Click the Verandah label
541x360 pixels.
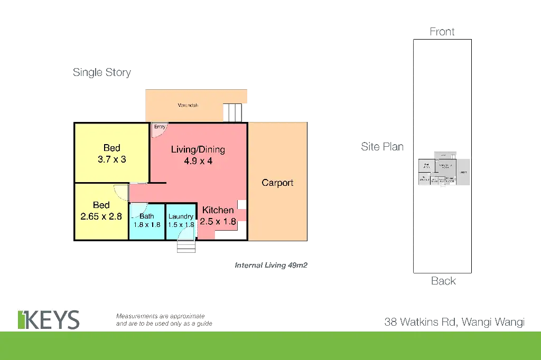point(188,106)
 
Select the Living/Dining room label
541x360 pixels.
point(198,149)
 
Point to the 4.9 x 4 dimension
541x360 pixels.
point(198,162)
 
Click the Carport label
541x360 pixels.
point(277,183)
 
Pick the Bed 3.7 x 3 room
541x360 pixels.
point(111,153)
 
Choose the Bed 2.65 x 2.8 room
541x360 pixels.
point(101,211)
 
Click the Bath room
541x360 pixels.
point(147,222)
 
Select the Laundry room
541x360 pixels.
point(181,222)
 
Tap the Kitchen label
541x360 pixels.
point(218,210)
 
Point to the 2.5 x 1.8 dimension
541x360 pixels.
point(218,222)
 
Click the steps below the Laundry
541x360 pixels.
point(185,246)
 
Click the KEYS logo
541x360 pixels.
point(48,319)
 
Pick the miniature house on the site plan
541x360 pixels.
point(443,172)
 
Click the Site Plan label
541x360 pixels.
point(382,147)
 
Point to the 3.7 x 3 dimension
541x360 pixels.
point(111,159)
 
